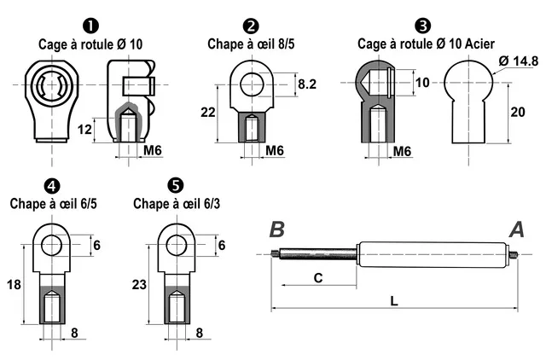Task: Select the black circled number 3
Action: (x=421, y=26)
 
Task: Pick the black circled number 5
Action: (x=175, y=185)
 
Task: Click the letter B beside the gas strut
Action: (x=277, y=229)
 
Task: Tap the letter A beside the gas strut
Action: (x=517, y=229)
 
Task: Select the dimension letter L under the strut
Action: (x=393, y=300)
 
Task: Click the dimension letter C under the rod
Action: (x=317, y=277)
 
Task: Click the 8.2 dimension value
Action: (x=307, y=84)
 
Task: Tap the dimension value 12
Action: (x=84, y=130)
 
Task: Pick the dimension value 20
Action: (x=517, y=111)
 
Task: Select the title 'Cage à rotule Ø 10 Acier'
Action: (x=426, y=44)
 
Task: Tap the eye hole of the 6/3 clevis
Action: (x=177, y=246)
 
